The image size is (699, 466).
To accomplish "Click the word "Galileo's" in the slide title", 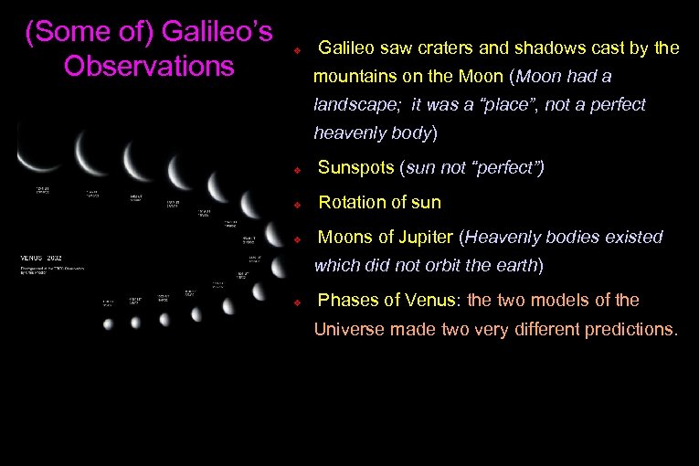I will [217, 32].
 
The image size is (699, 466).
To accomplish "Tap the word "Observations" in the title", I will [149, 67].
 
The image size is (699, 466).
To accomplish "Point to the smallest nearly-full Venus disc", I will [108, 323].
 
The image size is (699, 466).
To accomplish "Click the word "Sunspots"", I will [352, 169].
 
